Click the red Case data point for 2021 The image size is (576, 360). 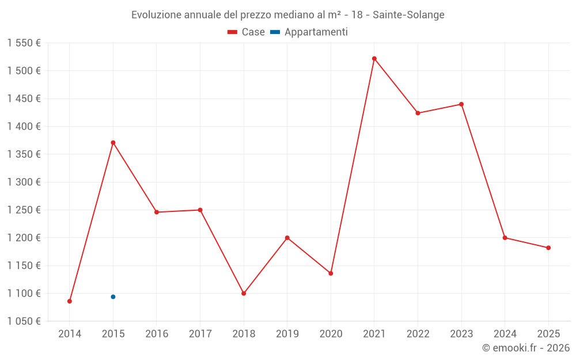374,59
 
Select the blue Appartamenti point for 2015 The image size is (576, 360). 113,297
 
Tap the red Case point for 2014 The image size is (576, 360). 70,301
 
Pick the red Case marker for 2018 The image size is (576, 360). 244,293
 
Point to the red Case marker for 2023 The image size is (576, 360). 461,104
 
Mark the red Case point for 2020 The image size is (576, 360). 331,273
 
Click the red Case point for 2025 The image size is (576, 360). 548,248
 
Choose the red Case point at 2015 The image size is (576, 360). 113,142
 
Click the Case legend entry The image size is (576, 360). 246,32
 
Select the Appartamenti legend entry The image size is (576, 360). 309,32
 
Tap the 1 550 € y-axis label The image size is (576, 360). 24,43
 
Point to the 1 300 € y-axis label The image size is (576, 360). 24,182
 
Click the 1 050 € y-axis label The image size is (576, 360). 24,321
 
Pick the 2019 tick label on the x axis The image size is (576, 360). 287,334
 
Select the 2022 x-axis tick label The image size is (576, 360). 418,334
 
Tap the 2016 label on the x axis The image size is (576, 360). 157,334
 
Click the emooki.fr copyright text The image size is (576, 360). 526,347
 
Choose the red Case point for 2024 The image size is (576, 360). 505,238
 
